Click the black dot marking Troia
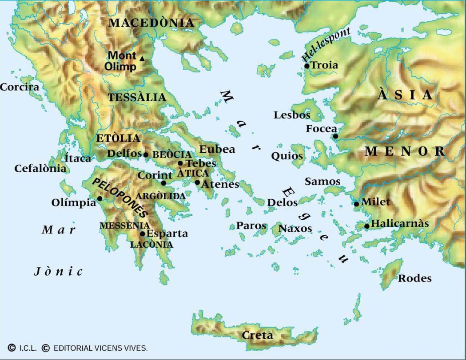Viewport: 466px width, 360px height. coord(307,66)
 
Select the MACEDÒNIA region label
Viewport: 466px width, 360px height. coord(151,23)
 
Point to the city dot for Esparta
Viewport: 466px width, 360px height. coord(143,234)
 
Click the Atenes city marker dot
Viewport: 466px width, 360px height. coord(198,182)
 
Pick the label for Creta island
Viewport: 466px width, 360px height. coord(258,335)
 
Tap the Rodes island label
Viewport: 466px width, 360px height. coord(414,279)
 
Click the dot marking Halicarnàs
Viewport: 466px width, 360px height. coord(367,226)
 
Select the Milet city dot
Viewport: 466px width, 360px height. coord(356,204)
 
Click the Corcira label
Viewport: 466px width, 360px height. coord(20,87)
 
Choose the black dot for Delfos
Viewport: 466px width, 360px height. coord(146,154)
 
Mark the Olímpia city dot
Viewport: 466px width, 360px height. coord(100,198)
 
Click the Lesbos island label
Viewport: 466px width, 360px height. coord(292,115)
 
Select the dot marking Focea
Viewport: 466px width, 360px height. coord(336,136)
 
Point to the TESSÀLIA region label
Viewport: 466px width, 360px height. coord(137,98)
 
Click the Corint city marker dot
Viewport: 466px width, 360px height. coord(163,183)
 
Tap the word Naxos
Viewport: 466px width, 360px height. coord(295,229)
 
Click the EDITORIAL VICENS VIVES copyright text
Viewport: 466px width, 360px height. coord(100,348)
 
